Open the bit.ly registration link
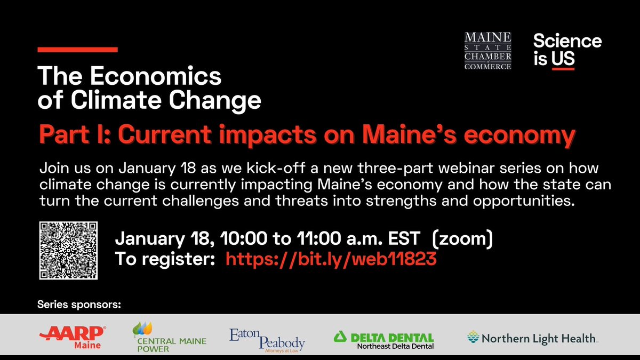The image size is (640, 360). pyautogui.click(x=331, y=260)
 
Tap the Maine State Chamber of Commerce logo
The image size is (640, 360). pyautogui.click(x=487, y=50)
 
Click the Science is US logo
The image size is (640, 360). pyautogui.click(x=567, y=50)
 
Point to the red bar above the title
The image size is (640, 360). pyautogui.click(x=77, y=50)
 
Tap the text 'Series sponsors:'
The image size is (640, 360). pyautogui.click(x=79, y=306)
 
